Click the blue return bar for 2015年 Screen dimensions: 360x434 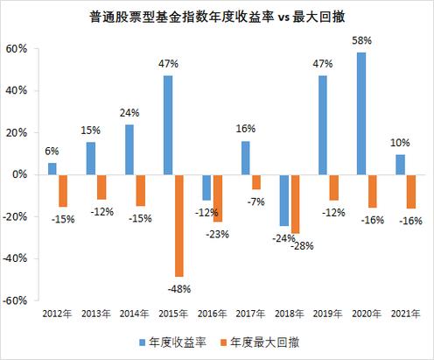pyautogui.click(x=166, y=125)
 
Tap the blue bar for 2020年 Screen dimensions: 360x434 pyautogui.click(x=361, y=113)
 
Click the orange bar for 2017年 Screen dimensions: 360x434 pyautogui.click(x=256, y=182)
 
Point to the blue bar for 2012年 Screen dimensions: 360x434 pyautogui.click(x=52, y=168)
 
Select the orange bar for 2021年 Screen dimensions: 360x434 pyautogui.click(x=412, y=191)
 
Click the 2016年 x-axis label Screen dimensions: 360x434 pyautogui.click(x=211, y=312)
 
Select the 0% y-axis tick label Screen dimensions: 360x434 pyautogui.click(x=21, y=175)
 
